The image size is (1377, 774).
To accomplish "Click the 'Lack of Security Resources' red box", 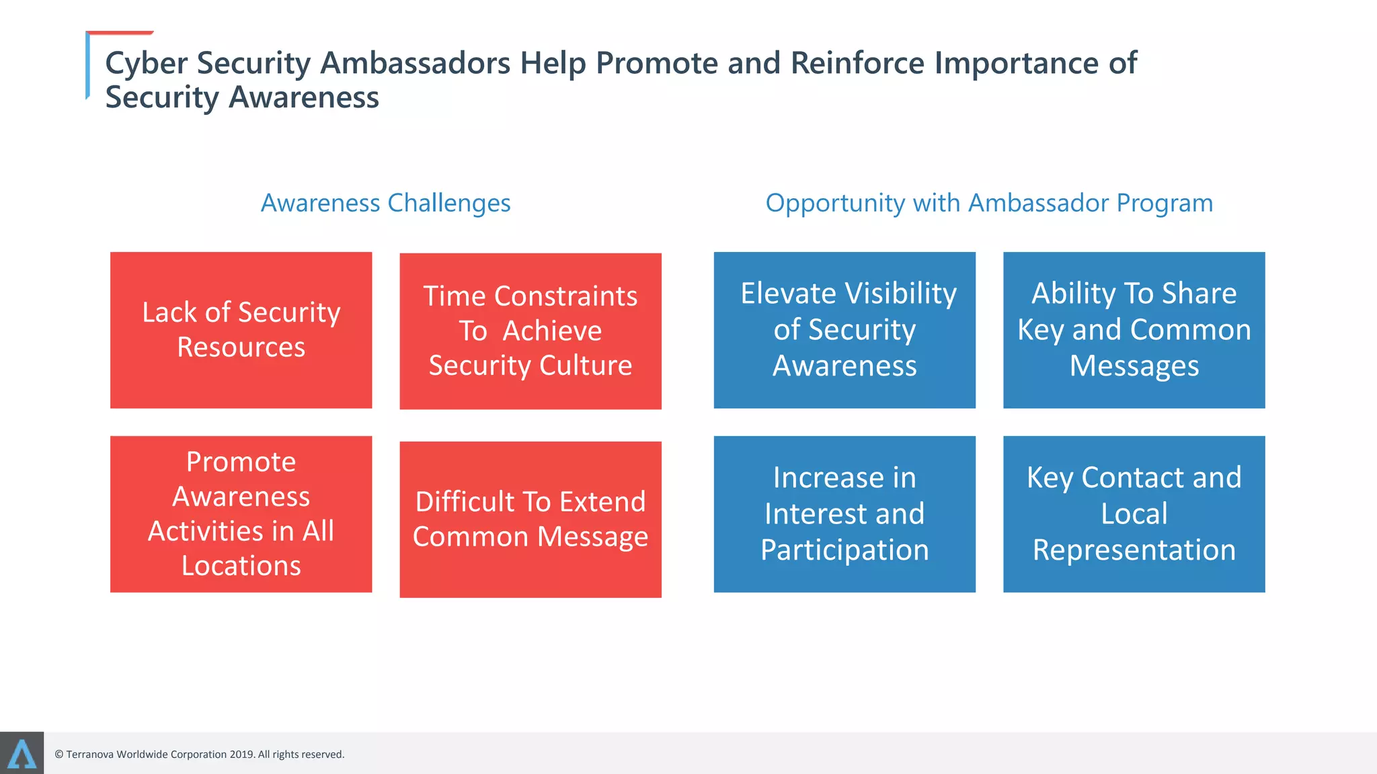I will [241, 330].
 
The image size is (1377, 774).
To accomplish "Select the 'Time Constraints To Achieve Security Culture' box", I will [530, 331].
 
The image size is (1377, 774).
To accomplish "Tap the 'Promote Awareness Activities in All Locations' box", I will [241, 514].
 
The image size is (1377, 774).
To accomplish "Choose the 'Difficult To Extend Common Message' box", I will [530, 519].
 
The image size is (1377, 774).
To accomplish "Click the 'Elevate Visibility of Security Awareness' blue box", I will [844, 330].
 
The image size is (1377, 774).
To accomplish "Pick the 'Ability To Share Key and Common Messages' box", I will [1134, 330].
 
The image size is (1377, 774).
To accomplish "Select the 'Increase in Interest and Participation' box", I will [844, 514].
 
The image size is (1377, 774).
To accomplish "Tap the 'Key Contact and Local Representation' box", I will [1134, 514].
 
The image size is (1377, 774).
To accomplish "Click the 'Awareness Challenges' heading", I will [385, 203].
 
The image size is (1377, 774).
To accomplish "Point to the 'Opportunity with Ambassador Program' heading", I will [989, 203].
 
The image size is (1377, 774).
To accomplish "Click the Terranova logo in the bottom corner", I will [22, 753].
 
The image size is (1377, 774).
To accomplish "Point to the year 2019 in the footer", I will [241, 755].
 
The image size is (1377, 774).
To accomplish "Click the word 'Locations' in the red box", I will [241, 566].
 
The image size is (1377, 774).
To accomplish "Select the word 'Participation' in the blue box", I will [844, 550].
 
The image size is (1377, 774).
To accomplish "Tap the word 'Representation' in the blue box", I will [1134, 550].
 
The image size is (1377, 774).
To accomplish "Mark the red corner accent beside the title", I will [120, 32].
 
